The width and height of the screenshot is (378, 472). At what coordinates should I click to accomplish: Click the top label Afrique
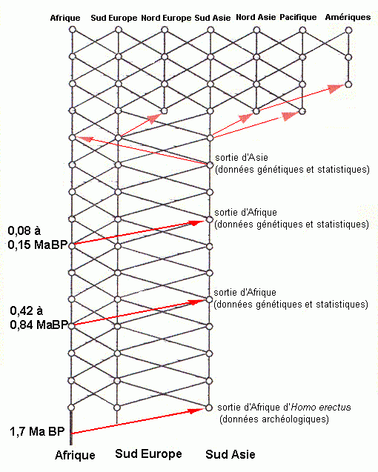tap(65, 19)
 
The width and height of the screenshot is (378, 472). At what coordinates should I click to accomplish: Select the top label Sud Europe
tap(114, 18)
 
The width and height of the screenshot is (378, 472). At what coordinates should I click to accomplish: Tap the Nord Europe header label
tap(166, 18)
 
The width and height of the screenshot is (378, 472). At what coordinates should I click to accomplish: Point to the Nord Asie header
tap(256, 17)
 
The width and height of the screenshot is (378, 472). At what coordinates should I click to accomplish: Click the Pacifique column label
tap(298, 17)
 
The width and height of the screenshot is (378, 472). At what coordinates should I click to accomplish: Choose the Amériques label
tap(348, 17)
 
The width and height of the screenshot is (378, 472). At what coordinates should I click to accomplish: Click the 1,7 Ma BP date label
tap(37, 432)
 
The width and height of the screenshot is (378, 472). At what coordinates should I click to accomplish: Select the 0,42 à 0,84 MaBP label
tap(39, 318)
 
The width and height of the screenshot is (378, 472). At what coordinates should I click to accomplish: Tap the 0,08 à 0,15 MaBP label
tap(37, 238)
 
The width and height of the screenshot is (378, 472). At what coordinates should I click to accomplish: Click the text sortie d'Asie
tap(242, 157)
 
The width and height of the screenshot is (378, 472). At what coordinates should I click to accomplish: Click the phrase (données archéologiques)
tap(274, 419)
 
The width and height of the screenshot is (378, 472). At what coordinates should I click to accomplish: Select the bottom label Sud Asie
tap(231, 454)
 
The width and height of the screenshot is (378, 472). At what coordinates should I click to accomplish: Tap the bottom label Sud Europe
tap(148, 453)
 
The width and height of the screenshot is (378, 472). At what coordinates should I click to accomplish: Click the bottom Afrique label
tap(75, 455)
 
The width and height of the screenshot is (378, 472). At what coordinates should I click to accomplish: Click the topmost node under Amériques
tap(348, 30)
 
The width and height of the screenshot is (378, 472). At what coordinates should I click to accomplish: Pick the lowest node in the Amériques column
tap(348, 84)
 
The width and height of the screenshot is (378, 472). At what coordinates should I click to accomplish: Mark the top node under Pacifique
tap(302, 30)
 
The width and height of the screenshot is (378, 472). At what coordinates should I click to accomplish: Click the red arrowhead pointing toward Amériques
tap(336, 88)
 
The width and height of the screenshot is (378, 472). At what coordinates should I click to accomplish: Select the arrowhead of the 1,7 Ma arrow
tap(196, 410)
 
